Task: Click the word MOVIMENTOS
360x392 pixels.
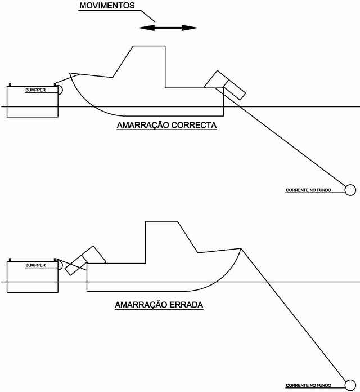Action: pyautogui.click(x=107, y=6)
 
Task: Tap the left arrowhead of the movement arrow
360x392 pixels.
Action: pyautogui.click(x=147, y=28)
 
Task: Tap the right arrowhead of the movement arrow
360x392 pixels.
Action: pyautogui.click(x=190, y=28)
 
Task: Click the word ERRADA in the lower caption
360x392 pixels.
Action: pyautogui.click(x=186, y=305)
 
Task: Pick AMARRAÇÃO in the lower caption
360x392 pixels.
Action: pyautogui.click(x=141, y=304)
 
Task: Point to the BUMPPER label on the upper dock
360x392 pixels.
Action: pyautogui.click(x=35, y=90)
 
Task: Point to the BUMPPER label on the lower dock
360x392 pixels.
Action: pyautogui.click(x=35, y=265)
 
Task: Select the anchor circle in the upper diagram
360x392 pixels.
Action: pyautogui.click(x=350, y=190)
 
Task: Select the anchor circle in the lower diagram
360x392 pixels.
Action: pyautogui.click(x=350, y=385)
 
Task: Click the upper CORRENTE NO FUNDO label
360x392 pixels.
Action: pyautogui.click(x=309, y=190)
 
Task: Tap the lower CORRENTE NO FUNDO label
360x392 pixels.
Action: pyautogui.click(x=309, y=385)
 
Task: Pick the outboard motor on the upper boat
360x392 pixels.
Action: pyautogui.click(x=225, y=85)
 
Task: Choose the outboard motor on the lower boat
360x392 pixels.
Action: pyautogui.click(x=85, y=260)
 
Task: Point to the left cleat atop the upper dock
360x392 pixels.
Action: pyautogui.click(x=10, y=84)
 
